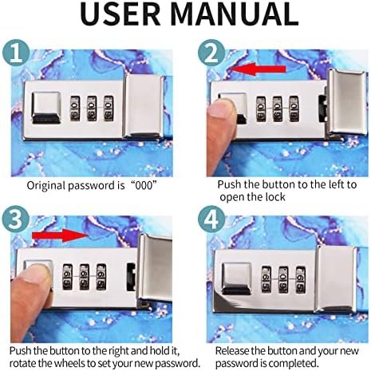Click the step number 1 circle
(16, 53)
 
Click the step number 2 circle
(211, 53)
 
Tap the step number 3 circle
(15, 219)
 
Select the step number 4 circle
(211, 219)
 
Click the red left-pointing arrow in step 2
(258, 69)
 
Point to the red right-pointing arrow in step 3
(60, 235)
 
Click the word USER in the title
(120, 14)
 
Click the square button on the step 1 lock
(46, 108)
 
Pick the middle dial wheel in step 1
(92, 109)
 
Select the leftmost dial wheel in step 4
(266, 280)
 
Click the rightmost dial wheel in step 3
(101, 277)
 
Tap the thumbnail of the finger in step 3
(37, 274)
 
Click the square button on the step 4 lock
(237, 278)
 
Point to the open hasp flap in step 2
(347, 101)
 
